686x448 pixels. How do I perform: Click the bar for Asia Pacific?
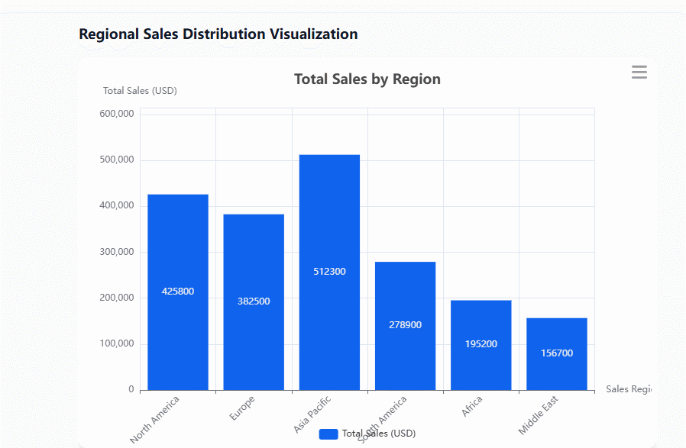click(329, 229)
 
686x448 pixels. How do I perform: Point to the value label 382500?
click(254, 301)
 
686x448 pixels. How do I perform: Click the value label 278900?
click(405, 325)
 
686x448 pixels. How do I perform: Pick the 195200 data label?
click(481, 344)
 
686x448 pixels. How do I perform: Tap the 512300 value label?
click(329, 272)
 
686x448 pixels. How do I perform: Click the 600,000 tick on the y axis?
click(117, 114)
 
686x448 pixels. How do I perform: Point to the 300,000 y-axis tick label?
click(117, 252)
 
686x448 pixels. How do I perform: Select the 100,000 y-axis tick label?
click(117, 343)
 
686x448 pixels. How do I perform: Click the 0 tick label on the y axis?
click(131, 389)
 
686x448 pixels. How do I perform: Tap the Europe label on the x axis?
click(242, 408)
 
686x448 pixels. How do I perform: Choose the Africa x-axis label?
click(471, 407)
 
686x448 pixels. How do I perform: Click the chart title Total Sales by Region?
click(367, 79)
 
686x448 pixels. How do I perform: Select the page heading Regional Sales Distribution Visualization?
click(218, 34)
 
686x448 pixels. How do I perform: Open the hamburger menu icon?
click(639, 73)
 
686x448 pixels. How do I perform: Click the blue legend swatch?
click(328, 433)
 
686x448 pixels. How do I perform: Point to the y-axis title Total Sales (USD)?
click(140, 91)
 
